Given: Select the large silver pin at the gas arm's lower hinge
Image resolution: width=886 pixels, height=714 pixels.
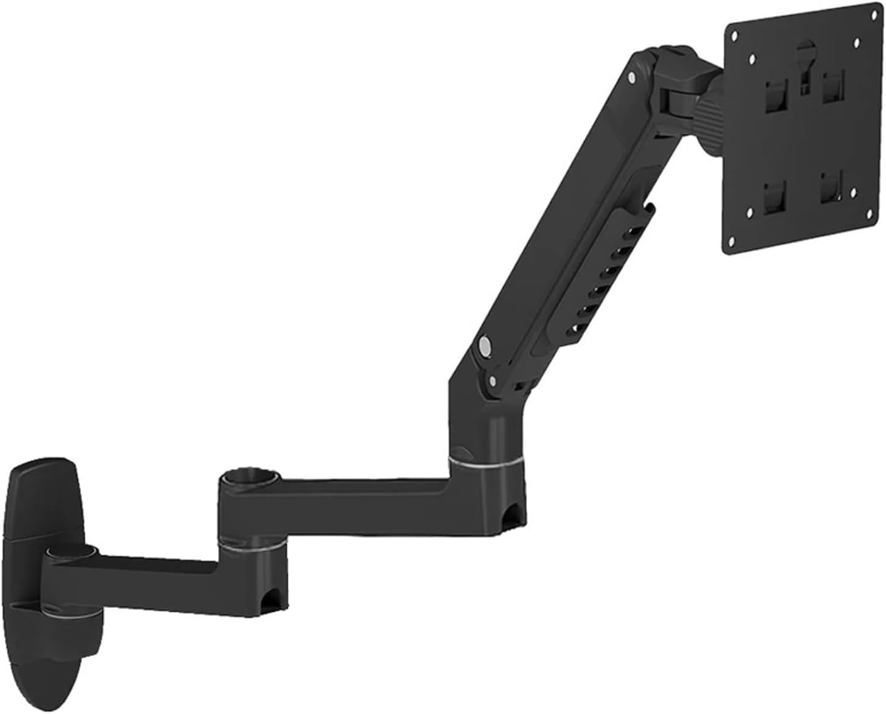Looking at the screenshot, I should point(485,346).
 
